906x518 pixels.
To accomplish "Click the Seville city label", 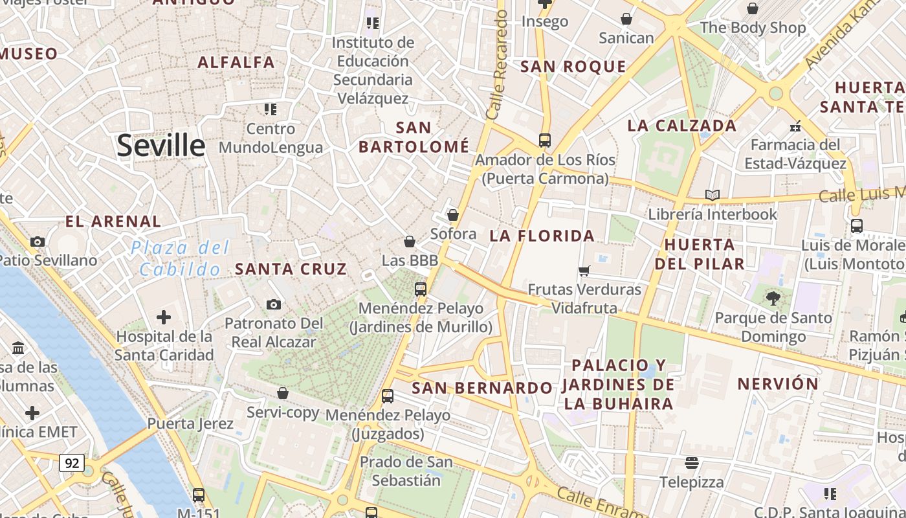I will pyautogui.click(x=161, y=146).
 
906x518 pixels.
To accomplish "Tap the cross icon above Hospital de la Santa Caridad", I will pyautogui.click(x=164, y=317).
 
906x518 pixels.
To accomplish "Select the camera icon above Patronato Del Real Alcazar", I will pyautogui.click(x=274, y=304).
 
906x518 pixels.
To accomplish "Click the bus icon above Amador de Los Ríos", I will pyautogui.click(x=545, y=140).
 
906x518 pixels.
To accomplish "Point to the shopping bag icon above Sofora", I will pyautogui.click(x=453, y=214).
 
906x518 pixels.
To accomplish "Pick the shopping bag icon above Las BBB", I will pyautogui.click(x=410, y=242).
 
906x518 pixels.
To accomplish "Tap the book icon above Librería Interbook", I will pyautogui.click(x=713, y=195).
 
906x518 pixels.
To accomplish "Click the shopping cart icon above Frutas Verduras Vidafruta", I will pyautogui.click(x=584, y=271).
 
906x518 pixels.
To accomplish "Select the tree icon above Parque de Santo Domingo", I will pyautogui.click(x=773, y=298).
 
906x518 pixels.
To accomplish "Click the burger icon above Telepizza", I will pyautogui.click(x=692, y=463).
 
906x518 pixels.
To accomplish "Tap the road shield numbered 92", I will pyautogui.click(x=72, y=463).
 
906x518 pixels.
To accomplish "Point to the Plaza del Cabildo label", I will pyautogui.click(x=180, y=258).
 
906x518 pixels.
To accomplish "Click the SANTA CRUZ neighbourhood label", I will pyautogui.click(x=291, y=269).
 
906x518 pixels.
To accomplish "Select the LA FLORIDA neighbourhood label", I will pyautogui.click(x=542, y=236).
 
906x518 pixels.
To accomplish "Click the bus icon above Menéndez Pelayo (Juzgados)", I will pyautogui.click(x=388, y=396).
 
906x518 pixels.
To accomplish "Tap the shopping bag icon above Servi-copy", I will pyautogui.click(x=283, y=393).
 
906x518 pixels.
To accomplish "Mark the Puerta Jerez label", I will pyautogui.click(x=190, y=423).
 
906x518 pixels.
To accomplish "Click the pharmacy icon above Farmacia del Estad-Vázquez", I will pyautogui.click(x=795, y=126).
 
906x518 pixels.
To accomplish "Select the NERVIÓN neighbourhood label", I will pyautogui.click(x=778, y=383).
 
